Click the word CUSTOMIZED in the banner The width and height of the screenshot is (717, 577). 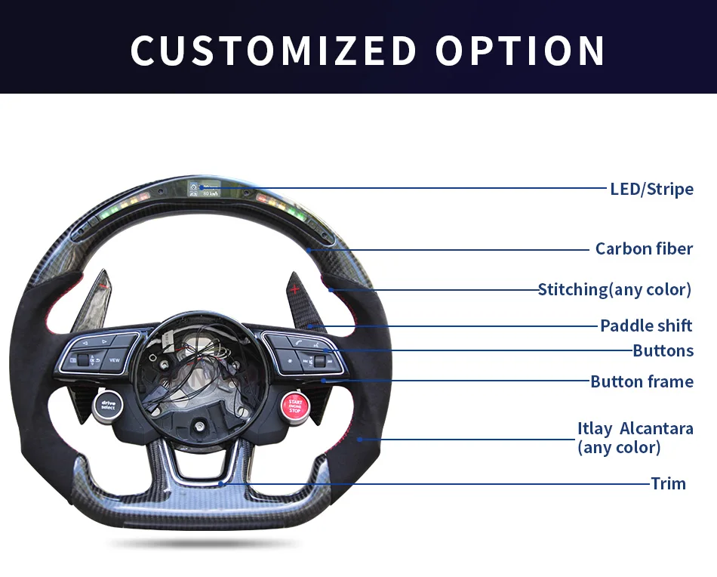click(273, 51)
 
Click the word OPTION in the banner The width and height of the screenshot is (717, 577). click(520, 51)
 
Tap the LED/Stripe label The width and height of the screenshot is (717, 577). click(651, 188)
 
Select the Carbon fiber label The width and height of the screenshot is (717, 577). click(644, 248)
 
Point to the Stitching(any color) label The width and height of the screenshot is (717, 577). click(614, 289)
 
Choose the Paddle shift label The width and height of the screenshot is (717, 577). click(646, 326)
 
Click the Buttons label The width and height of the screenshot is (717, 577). click(663, 350)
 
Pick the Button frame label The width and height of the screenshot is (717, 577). click(642, 381)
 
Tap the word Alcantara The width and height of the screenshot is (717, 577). click(656, 428)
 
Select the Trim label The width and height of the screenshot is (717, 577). click(668, 483)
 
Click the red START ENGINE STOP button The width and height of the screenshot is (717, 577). click(294, 406)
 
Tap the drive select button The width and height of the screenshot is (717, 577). click(107, 405)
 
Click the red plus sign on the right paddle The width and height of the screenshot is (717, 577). click(294, 288)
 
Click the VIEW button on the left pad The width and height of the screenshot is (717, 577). click(114, 360)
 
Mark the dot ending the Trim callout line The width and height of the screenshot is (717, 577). click(221, 483)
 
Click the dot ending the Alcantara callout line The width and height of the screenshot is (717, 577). click(360, 439)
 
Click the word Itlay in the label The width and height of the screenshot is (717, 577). click(595, 428)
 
